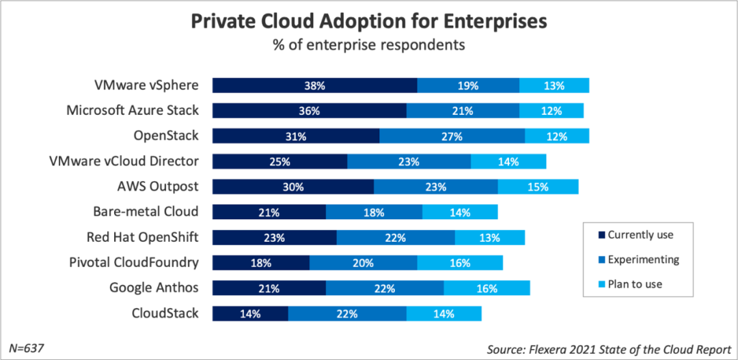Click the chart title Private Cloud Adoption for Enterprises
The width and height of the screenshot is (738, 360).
pyautogui.click(x=369, y=21)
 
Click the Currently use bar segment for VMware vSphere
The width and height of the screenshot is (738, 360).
pyautogui.click(x=314, y=85)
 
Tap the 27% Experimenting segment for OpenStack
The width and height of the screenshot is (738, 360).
pyautogui.click(x=452, y=136)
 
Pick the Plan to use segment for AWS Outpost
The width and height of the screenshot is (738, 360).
pyautogui.click(x=538, y=186)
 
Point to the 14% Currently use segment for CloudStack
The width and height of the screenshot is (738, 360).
pyautogui.click(x=250, y=314)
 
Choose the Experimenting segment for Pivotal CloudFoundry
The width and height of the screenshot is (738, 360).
pyautogui.click(x=363, y=263)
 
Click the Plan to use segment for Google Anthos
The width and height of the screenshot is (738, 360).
pyautogui.click(x=487, y=288)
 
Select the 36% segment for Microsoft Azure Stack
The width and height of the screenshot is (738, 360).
pyautogui.click(x=309, y=111)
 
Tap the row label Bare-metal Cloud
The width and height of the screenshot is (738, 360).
pyautogui.click(x=146, y=212)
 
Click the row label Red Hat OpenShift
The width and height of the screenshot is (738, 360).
pyautogui.click(x=142, y=237)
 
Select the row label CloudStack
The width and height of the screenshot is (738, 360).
pyautogui.click(x=165, y=314)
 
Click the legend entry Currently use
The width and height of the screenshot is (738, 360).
pyautogui.click(x=640, y=235)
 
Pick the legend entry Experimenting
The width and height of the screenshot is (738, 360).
pyautogui.click(x=643, y=260)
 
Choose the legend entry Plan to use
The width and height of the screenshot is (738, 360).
pyautogui.click(x=635, y=284)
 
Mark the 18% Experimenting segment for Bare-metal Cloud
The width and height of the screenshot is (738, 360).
pyautogui.click(x=374, y=212)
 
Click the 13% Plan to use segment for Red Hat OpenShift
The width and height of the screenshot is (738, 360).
pyautogui.click(x=489, y=238)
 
